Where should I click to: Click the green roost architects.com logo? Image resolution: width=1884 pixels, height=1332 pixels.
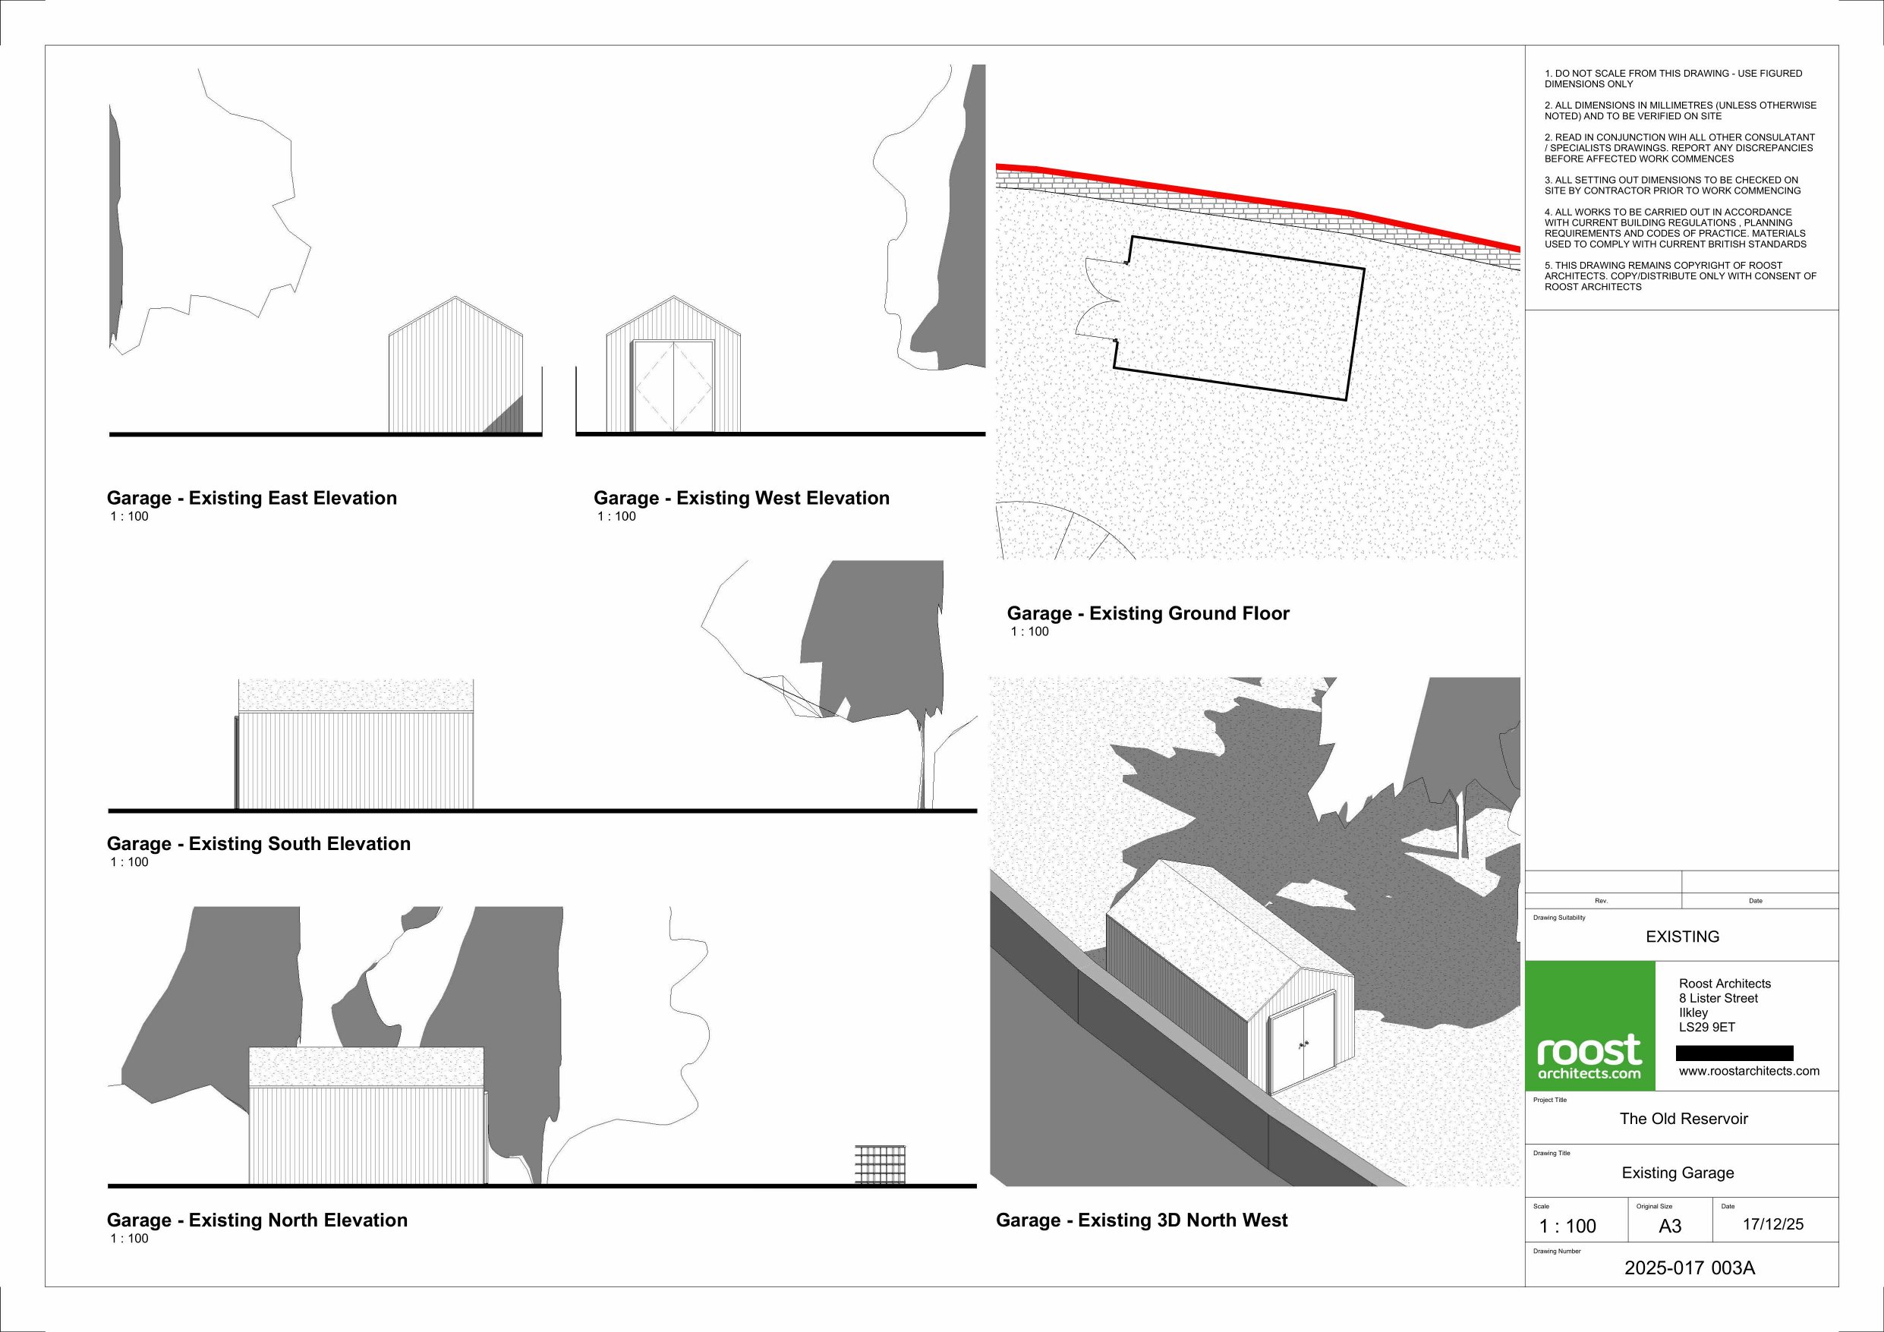(1589, 1026)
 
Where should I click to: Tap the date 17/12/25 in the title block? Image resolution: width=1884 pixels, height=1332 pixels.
(1773, 1224)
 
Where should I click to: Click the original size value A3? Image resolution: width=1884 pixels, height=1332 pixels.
(1670, 1227)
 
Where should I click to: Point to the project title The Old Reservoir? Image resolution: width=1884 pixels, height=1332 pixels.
(1684, 1119)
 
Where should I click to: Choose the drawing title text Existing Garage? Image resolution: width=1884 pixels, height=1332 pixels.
(1678, 1173)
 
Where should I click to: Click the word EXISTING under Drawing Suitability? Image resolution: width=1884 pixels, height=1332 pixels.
(1682, 937)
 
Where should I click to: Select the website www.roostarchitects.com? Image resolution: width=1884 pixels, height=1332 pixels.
(1749, 1071)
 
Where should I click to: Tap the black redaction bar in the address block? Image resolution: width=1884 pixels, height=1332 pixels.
(1734, 1053)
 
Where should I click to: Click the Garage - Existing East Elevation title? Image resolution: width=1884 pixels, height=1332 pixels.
(252, 498)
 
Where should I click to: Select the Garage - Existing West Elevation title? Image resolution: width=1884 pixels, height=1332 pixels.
(741, 498)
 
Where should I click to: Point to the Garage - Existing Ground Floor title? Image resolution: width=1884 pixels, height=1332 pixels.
(1148, 613)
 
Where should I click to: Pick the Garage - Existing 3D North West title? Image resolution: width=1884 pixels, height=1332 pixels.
(1142, 1220)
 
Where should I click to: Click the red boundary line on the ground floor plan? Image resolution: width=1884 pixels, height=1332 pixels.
(1255, 198)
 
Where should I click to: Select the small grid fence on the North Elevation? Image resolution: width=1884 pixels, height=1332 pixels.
(881, 1164)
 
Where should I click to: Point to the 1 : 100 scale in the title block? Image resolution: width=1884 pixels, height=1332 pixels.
(1567, 1227)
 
